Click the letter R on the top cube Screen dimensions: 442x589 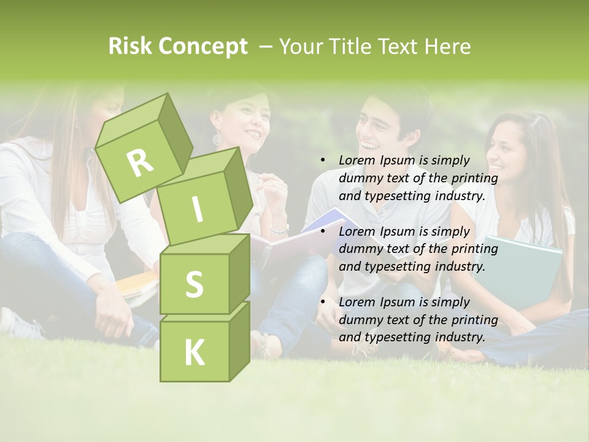click(141, 163)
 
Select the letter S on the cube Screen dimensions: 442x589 click(194, 285)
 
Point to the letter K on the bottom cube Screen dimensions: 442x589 click(194, 352)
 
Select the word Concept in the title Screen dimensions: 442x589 click(202, 47)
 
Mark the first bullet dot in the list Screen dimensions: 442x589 click(323, 160)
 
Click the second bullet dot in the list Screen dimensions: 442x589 click(323, 231)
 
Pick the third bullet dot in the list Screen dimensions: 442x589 click(323, 302)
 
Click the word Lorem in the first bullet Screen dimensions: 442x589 click(356, 160)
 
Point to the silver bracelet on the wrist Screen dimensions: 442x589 click(280, 230)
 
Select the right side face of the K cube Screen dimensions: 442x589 click(239, 340)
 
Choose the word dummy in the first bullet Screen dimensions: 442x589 click(359, 178)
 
